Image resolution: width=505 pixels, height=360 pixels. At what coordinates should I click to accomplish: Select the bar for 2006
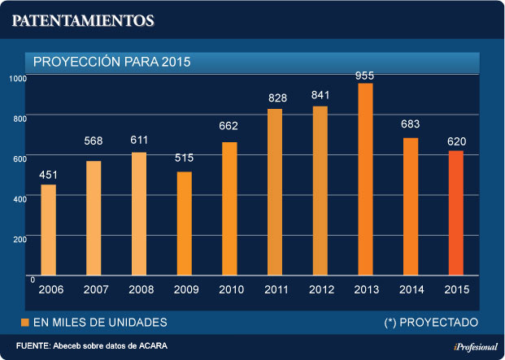click(x=49, y=231)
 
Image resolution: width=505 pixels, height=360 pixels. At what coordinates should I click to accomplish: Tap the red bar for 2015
click(x=456, y=214)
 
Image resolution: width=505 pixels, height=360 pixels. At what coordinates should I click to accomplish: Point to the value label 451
click(x=49, y=176)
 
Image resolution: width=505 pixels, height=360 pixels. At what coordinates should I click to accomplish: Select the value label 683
click(x=411, y=125)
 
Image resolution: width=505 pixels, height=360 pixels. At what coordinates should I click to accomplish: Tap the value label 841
click(x=320, y=96)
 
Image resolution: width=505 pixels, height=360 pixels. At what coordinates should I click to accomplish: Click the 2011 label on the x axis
click(x=276, y=290)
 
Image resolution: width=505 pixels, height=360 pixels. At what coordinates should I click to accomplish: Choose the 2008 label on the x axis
click(x=141, y=290)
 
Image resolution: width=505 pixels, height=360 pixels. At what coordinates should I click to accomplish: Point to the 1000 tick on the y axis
click(x=19, y=78)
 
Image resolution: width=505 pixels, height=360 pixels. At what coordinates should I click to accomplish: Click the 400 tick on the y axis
click(x=20, y=197)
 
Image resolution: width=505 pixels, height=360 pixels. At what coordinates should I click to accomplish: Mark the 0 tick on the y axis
click(x=31, y=280)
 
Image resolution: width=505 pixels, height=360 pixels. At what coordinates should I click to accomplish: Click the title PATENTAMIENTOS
click(x=82, y=20)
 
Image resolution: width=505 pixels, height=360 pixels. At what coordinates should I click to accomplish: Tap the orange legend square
click(x=24, y=322)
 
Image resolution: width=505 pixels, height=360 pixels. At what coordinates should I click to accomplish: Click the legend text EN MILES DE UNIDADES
click(x=100, y=322)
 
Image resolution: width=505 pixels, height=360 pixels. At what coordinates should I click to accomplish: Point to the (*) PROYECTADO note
click(x=431, y=322)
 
